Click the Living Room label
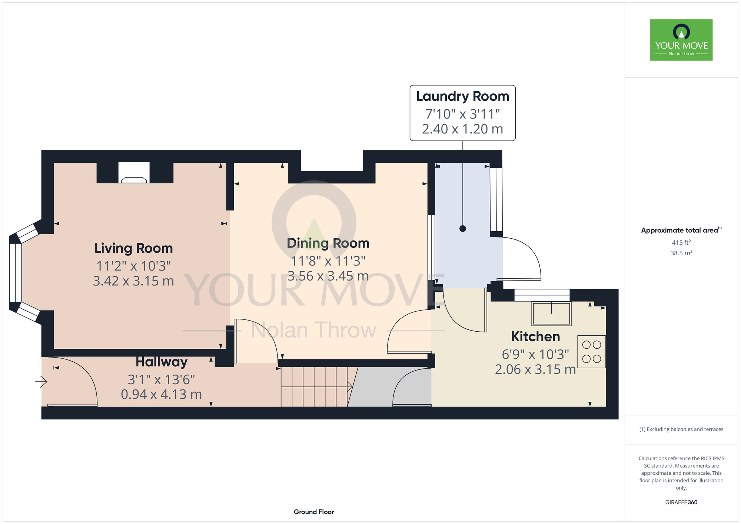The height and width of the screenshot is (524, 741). coord(133,248)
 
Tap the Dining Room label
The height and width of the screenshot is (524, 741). coord(328,243)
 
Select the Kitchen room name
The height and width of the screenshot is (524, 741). coord(535,336)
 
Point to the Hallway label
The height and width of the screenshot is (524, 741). coord(162,362)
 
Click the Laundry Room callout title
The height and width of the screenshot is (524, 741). coord(462,96)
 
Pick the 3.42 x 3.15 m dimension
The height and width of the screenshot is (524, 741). coord(133,281)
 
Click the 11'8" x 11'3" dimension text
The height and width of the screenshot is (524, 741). coord(328,261)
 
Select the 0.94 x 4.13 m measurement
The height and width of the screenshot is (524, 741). coord(162,394)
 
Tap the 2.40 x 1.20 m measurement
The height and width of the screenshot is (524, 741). coord(462,129)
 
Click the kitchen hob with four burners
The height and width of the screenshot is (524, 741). coord(591,352)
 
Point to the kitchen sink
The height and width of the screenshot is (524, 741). coord(551,314)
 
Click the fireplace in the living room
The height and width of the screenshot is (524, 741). coord(134,173)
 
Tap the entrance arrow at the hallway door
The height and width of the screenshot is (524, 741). coord(41,381)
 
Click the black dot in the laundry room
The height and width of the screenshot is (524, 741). coord(462,229)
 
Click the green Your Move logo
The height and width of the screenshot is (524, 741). coord(681,40)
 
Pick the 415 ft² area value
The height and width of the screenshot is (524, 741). coord(681,242)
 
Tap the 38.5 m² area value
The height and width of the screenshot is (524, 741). coord(681,253)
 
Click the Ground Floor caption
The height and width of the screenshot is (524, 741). coord(314,512)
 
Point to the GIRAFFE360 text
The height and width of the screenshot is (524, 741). coord(681,503)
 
